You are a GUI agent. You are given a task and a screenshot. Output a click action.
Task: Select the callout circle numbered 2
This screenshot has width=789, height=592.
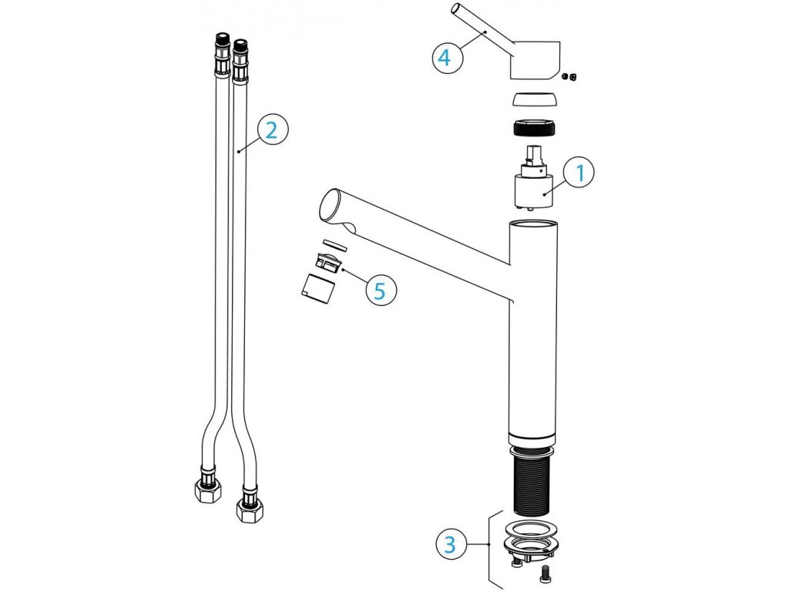[x=271, y=129]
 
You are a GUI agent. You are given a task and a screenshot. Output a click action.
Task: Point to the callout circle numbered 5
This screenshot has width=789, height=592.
[x=380, y=291]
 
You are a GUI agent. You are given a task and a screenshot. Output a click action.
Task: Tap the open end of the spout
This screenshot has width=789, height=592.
[x=330, y=206]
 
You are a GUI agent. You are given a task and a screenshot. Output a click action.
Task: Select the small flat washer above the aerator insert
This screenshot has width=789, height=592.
[x=334, y=244]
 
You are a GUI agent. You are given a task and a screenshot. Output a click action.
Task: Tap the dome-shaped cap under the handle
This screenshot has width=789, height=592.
[x=534, y=99]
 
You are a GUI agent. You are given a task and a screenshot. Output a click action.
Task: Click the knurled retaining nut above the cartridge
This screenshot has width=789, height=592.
[x=533, y=127]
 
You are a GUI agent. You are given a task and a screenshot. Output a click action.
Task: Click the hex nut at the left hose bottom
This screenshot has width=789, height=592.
[x=207, y=489]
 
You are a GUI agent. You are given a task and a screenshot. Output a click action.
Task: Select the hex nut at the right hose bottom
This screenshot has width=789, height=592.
[x=249, y=509]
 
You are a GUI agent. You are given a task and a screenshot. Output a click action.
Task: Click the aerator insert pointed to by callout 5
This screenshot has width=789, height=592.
[x=330, y=263]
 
